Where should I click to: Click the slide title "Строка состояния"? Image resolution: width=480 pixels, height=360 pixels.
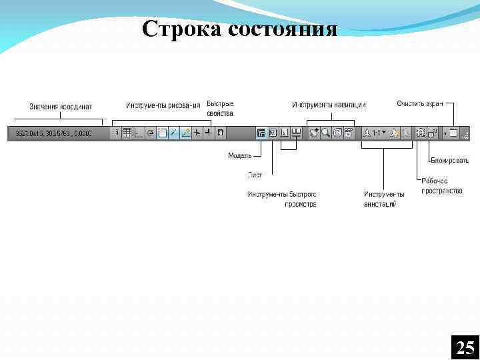(x=240, y=29)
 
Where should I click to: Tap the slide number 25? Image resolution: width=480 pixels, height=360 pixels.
(x=465, y=347)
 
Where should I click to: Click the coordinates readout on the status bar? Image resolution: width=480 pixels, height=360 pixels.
(x=50, y=133)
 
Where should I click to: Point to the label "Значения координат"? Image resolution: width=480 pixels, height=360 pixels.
(x=61, y=107)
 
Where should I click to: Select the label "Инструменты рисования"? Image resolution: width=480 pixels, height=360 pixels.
(x=163, y=105)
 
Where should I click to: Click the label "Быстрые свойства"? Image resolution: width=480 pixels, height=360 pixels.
(x=220, y=108)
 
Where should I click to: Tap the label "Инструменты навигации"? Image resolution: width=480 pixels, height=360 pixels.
(x=329, y=105)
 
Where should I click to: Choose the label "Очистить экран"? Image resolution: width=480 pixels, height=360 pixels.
(x=419, y=103)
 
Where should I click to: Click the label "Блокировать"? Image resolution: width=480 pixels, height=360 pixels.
(x=449, y=161)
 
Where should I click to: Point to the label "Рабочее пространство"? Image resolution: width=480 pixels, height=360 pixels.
(x=442, y=186)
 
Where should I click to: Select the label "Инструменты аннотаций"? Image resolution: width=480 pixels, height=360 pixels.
(x=384, y=199)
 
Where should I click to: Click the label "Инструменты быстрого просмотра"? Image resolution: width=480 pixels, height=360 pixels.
(x=282, y=199)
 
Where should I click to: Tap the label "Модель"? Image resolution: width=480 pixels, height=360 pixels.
(x=239, y=155)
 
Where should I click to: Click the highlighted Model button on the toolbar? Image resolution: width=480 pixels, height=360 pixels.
(x=261, y=133)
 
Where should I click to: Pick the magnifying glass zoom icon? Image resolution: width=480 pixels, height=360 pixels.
(x=326, y=133)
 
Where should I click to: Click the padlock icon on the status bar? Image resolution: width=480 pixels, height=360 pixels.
(x=432, y=133)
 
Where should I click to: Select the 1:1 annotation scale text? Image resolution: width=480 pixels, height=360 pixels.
(x=377, y=133)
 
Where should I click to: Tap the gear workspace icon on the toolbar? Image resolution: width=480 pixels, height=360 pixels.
(x=420, y=133)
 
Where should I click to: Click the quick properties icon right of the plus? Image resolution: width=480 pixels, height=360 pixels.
(x=220, y=133)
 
